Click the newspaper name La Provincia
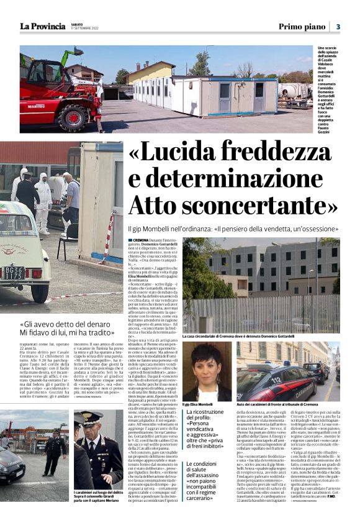click(42, 26)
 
